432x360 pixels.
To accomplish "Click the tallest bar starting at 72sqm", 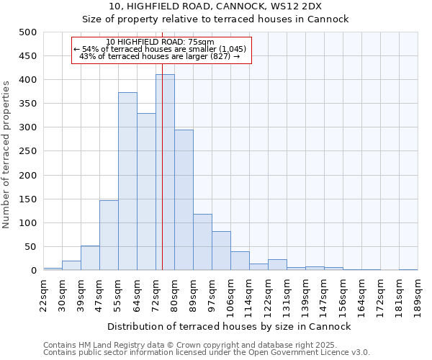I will (165, 173).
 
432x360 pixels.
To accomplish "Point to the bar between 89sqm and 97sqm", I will (202, 243).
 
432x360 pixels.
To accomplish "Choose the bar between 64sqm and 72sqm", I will (146, 192).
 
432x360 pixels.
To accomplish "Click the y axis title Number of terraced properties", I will (6, 154).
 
